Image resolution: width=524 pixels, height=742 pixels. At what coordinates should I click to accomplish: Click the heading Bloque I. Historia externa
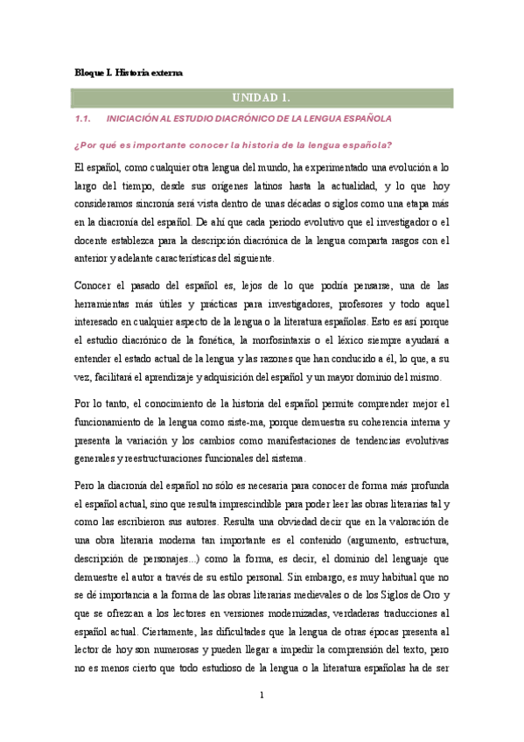click(x=129, y=73)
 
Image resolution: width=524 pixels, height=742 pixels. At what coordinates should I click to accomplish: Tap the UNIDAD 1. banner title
click(x=261, y=96)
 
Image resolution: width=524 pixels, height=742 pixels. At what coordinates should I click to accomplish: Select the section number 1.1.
click(x=84, y=118)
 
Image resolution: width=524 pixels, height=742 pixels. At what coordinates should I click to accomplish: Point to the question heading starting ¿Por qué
click(x=232, y=143)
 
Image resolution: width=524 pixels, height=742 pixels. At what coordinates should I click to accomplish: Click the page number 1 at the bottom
click(x=262, y=696)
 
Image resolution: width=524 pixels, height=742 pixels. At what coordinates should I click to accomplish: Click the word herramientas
click(x=109, y=302)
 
